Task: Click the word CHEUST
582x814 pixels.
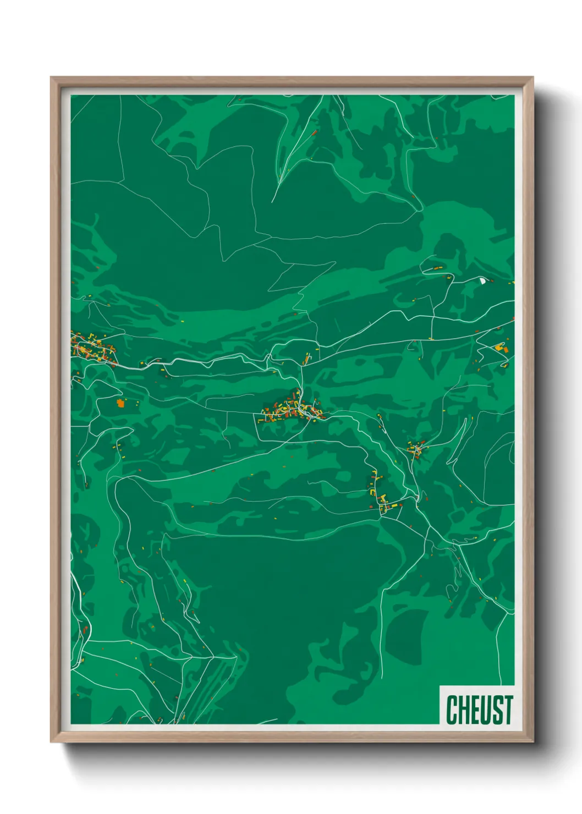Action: point(479,710)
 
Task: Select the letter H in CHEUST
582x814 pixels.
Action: point(464,710)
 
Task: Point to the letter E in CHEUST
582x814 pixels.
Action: point(475,710)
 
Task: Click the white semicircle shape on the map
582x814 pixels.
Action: point(482,280)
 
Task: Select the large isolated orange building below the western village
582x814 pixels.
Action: point(120,403)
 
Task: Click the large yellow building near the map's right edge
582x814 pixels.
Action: point(499,347)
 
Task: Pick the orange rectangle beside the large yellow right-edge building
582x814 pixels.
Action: point(504,349)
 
